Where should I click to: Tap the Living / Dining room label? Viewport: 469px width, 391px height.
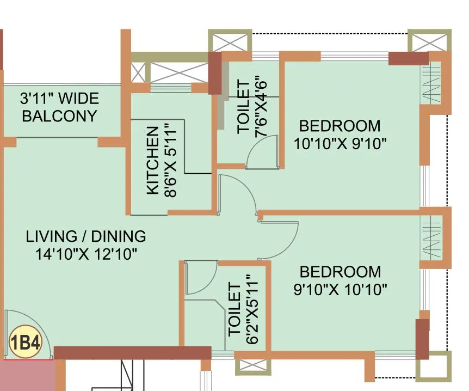click(86, 236)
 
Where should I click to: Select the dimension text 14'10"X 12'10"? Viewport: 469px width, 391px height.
click(86, 253)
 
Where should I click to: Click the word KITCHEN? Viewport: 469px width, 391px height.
click(153, 160)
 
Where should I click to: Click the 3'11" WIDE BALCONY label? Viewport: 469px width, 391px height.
click(59, 107)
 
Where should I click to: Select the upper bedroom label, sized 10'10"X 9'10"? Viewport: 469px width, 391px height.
click(340, 135)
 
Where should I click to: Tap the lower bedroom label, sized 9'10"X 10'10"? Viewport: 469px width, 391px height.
click(340, 280)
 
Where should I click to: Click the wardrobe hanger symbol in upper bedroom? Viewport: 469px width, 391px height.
click(433, 84)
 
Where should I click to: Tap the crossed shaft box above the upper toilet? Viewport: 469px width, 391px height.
click(230, 42)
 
